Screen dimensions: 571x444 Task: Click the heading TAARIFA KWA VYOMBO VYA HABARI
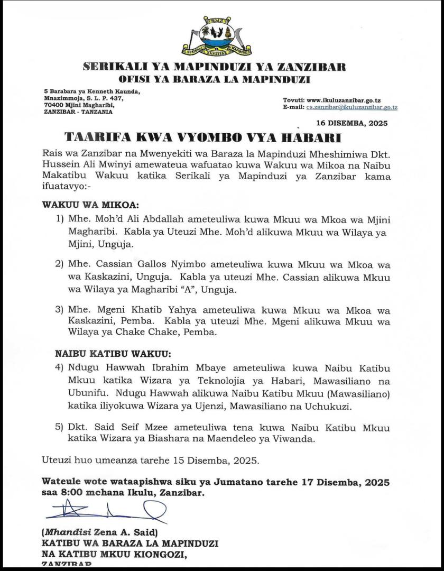pyautogui.click(x=202, y=138)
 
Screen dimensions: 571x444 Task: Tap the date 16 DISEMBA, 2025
pyautogui.click(x=351, y=123)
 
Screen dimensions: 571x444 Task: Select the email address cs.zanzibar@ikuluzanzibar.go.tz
pyautogui.click(x=351, y=107)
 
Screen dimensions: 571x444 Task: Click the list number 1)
pyautogui.click(x=60, y=219)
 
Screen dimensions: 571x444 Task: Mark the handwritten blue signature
pyautogui.click(x=106, y=512)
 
